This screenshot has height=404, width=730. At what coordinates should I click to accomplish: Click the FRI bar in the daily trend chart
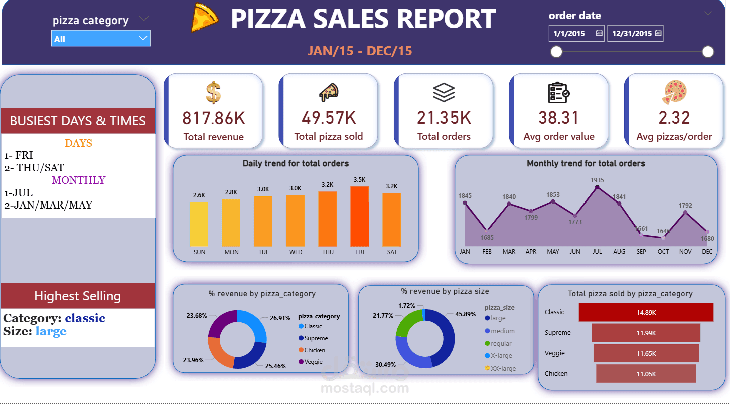[x=359, y=216]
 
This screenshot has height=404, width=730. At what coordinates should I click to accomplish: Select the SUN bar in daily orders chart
[x=199, y=224]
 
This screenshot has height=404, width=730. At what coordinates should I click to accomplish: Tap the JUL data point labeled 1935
[x=597, y=187]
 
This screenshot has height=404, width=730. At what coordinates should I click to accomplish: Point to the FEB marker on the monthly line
[x=487, y=229]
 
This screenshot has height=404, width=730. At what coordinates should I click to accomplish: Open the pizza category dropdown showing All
[x=100, y=39]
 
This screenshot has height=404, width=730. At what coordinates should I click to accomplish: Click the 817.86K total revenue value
[x=213, y=118]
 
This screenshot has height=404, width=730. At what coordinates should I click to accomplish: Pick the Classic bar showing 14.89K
[x=646, y=312]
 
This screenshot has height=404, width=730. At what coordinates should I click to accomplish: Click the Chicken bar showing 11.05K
[x=646, y=374]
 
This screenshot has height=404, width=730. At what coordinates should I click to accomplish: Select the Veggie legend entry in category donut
[x=314, y=362]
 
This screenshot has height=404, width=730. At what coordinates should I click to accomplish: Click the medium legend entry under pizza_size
[x=502, y=331]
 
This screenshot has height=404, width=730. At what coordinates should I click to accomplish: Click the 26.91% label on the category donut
[x=280, y=318]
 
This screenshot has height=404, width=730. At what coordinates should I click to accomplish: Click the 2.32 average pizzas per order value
[x=674, y=118]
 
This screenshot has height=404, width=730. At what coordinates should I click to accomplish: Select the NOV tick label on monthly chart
[x=685, y=252]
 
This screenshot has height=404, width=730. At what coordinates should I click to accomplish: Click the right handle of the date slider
[x=708, y=52]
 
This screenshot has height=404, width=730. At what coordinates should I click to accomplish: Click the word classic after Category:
[x=85, y=318]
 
